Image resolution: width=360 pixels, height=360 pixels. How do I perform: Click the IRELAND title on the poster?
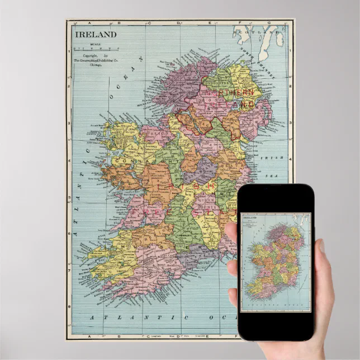click(96, 34)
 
